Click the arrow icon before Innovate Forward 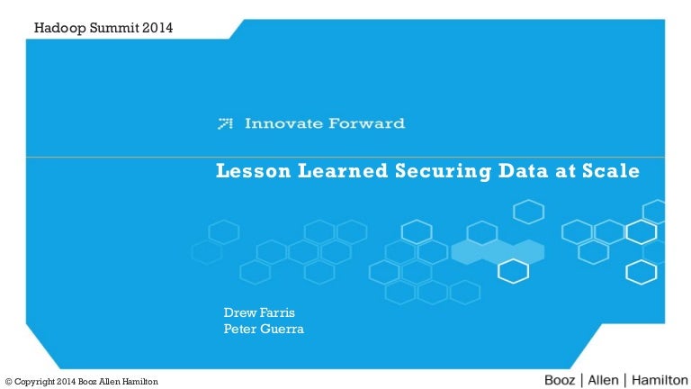(x=226, y=123)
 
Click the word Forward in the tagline (x=367, y=123)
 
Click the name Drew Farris (x=259, y=312)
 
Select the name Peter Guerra (x=264, y=329)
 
